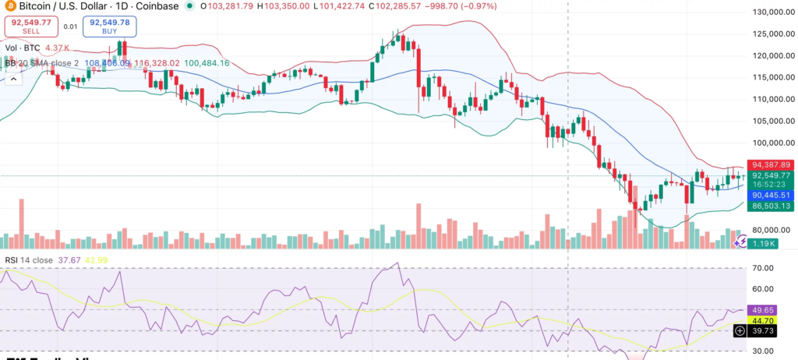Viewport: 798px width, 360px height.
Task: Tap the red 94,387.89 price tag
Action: pyautogui.click(x=771, y=165)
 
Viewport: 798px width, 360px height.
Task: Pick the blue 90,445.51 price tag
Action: pyautogui.click(x=771, y=195)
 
